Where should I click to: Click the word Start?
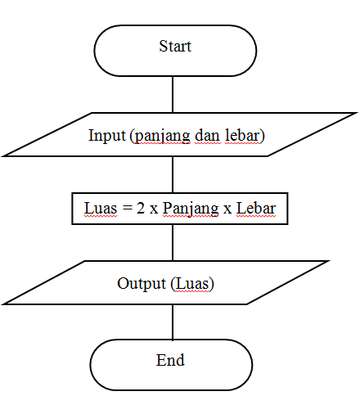pos(174,46)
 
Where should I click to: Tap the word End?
pos(171,360)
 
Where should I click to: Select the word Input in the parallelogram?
pos(106,135)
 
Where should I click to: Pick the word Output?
pos(141,284)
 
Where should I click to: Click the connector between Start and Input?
pos(173,94)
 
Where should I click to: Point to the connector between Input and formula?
pos(173,173)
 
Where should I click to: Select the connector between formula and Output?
pos(173,243)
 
